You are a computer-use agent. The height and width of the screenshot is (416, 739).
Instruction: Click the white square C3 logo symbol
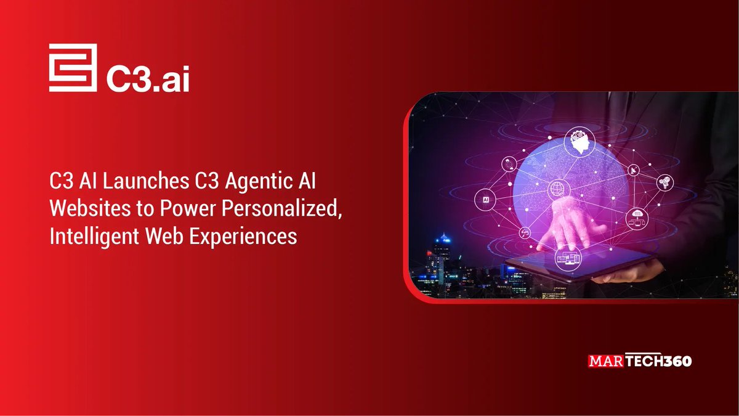click(x=73, y=68)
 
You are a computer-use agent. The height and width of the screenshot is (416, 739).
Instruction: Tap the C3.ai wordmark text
click(x=147, y=76)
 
